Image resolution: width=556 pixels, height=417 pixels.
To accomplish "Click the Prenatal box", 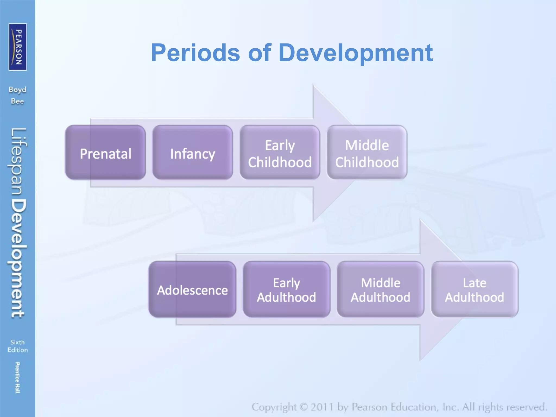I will point(105,153).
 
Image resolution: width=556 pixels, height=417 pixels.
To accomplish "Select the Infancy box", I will point(192,153).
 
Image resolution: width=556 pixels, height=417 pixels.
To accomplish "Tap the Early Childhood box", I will point(280,153).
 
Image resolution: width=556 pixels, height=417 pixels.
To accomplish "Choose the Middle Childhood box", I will point(367,153).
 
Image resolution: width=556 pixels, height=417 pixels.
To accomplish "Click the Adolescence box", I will point(192,289).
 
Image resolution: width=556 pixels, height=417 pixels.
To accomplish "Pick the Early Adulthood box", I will point(286,289).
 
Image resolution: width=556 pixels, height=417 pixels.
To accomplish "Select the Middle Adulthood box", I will point(380,289).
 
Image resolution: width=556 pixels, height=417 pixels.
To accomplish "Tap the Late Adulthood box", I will point(475,289).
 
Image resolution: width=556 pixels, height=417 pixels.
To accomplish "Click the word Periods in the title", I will point(195,53).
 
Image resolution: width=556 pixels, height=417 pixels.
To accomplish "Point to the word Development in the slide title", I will point(356,53).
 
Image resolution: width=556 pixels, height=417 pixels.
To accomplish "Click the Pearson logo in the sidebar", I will point(18,47).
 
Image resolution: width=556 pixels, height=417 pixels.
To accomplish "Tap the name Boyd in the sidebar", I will point(17,90).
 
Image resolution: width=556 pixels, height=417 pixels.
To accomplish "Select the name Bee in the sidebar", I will point(17,101).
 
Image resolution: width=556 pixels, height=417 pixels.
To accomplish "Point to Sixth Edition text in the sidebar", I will point(17,346).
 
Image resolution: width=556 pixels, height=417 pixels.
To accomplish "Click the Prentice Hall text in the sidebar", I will point(17,377).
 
